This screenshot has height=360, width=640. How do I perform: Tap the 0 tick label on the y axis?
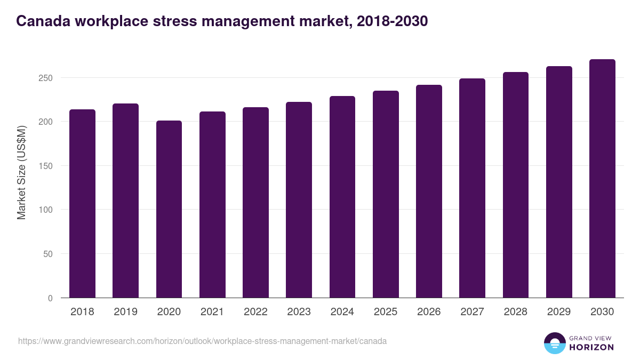pyautogui.click(x=50, y=298)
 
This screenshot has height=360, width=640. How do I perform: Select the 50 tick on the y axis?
pyautogui.click(x=48, y=254)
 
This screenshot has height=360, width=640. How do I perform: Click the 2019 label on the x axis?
pyautogui.click(x=125, y=312)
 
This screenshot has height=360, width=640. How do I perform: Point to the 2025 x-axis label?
pyautogui.click(x=386, y=312)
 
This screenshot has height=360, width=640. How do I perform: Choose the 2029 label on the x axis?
pyautogui.click(x=559, y=312)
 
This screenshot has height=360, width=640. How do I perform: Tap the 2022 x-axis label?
pyautogui.click(x=255, y=312)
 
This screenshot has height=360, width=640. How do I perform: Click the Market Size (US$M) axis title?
pyautogui.click(x=21, y=172)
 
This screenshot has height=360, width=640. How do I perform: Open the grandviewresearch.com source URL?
pyautogui.click(x=202, y=341)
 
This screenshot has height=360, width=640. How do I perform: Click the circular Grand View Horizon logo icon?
pyautogui.click(x=554, y=343)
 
